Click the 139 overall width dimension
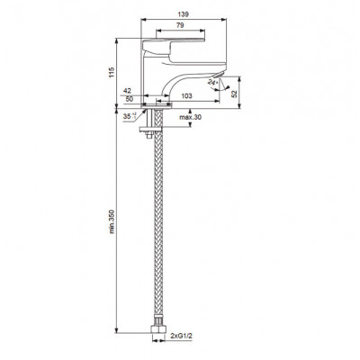coord(184,14)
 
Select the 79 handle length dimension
coord(180,25)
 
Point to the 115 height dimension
coord(112,73)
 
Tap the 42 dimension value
coord(128,91)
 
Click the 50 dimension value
coord(130,99)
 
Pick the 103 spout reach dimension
coord(186,96)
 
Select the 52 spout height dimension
coord(235,94)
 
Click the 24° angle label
coord(212,83)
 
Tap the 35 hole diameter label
coord(130,116)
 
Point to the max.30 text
coord(190,117)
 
